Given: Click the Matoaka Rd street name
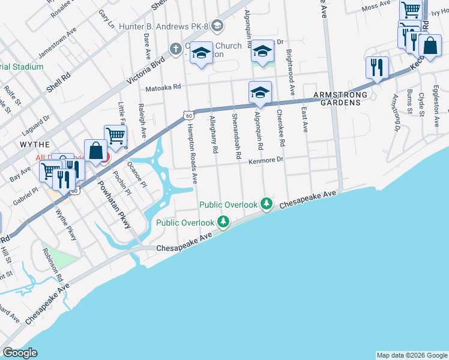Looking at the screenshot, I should (163, 88).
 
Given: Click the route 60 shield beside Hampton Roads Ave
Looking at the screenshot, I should (188, 115).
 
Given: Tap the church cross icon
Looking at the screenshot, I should (175, 49).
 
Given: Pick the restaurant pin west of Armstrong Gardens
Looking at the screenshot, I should (376, 67).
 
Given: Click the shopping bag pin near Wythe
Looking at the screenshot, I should (95, 150).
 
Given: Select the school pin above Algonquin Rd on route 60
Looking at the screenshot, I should (260, 92).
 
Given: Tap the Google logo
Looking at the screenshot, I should (20, 353).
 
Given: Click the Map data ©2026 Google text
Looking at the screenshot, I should (411, 355).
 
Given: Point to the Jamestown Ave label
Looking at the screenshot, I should (58, 41).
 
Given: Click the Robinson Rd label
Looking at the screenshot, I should (52, 264).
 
